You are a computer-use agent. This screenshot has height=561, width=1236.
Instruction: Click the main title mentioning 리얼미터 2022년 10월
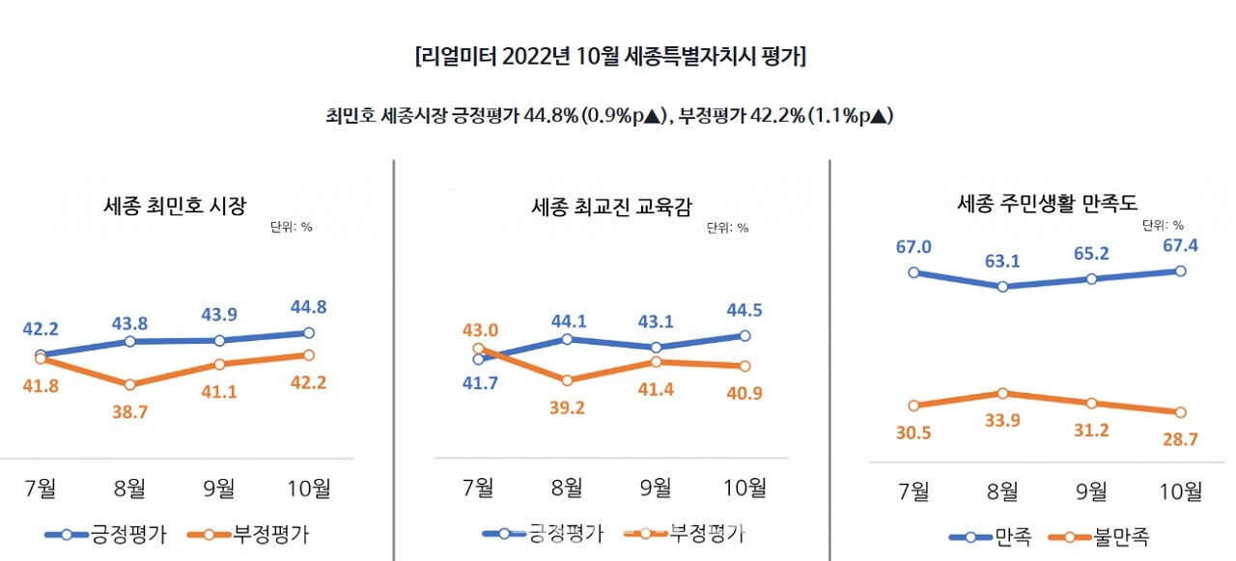(x=610, y=57)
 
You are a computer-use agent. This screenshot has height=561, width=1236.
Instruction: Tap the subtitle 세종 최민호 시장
(x=175, y=205)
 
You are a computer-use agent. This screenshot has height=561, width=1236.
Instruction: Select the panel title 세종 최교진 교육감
(x=611, y=206)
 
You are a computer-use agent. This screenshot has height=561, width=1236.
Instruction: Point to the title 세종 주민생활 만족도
(x=1048, y=204)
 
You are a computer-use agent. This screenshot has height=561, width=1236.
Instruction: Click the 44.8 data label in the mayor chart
(x=308, y=307)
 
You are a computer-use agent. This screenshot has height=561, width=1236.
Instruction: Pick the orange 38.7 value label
(x=130, y=412)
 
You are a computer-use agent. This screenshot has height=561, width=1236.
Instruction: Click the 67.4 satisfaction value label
(x=1180, y=245)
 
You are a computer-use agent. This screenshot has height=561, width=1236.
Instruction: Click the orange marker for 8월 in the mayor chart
(x=130, y=384)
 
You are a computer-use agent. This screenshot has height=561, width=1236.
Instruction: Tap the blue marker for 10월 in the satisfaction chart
(x=1180, y=271)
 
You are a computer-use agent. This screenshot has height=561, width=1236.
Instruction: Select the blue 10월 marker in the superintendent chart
(x=744, y=336)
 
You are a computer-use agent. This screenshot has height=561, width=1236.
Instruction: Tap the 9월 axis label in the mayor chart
(x=219, y=489)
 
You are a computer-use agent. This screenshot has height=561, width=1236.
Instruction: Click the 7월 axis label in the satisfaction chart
(x=913, y=491)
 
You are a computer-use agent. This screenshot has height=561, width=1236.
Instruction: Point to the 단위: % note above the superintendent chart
(x=727, y=229)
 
